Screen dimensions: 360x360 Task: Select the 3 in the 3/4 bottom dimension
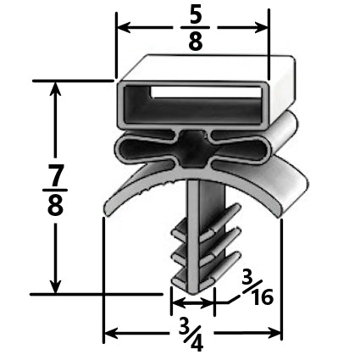tap(181, 324)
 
